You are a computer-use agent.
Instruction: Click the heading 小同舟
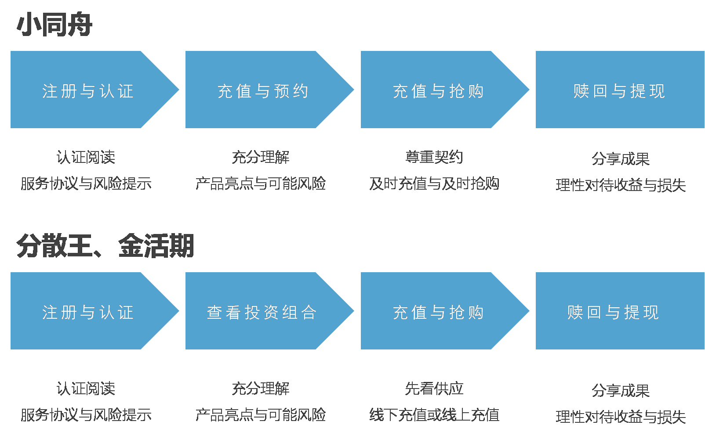coord(55,25)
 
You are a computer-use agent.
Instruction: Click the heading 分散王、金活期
coord(105,246)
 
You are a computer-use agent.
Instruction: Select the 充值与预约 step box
coord(263,90)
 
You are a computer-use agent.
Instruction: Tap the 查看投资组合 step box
coord(262,312)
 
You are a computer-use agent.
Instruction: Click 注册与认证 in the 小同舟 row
coord(87,90)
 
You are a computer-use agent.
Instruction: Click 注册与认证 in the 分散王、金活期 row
coord(87,312)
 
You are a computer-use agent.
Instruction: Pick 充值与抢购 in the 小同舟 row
coord(438,90)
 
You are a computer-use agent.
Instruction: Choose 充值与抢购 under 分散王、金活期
coord(438,312)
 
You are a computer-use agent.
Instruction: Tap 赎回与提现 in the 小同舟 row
coord(619,90)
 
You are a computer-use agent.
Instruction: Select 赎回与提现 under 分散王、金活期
coord(613,312)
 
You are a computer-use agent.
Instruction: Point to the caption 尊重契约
coord(434,157)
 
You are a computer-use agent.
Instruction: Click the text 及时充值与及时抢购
coord(434,183)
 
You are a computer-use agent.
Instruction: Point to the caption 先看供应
coord(434,388)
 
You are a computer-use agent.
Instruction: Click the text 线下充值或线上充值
coord(434,414)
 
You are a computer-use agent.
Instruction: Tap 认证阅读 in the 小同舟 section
coord(86,157)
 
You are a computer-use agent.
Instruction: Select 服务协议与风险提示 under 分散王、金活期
coord(86,414)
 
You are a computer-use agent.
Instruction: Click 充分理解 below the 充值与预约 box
coord(261,157)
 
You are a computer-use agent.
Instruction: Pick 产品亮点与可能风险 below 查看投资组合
coord(261,414)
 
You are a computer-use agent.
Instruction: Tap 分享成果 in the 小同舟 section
coord(621,158)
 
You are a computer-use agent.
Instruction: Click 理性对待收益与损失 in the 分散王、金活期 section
coord(621,417)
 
